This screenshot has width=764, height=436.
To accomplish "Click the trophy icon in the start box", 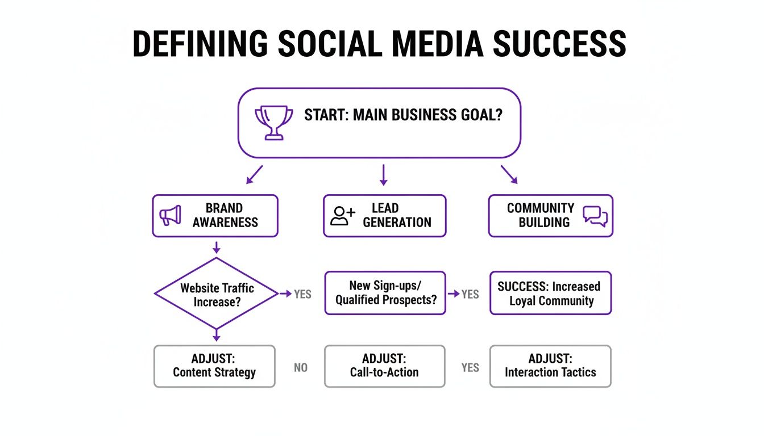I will (x=274, y=123).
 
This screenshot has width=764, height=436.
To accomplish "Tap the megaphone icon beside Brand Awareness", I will (x=171, y=216).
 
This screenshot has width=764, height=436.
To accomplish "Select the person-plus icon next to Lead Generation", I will (x=342, y=216).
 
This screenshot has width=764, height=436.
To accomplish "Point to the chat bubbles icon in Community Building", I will (x=595, y=216).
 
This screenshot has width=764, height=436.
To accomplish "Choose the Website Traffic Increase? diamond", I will (x=215, y=294).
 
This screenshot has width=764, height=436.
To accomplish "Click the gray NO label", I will (x=301, y=368).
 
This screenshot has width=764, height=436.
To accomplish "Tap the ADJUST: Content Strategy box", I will (x=214, y=366).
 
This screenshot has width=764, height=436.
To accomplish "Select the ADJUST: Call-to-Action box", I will (x=384, y=366).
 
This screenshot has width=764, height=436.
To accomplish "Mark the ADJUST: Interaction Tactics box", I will (x=550, y=366).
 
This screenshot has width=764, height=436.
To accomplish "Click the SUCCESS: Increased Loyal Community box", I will (x=550, y=294).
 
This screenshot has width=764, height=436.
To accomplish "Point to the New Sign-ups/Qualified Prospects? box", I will (x=385, y=293).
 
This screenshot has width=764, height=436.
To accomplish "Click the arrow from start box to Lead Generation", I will (x=383, y=175).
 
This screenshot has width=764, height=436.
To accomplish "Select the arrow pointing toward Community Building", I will (x=509, y=174).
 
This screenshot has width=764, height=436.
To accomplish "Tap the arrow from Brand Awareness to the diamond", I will (x=215, y=247).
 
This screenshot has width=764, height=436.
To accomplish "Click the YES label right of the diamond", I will (x=302, y=294).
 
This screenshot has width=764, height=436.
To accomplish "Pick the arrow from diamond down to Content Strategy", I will (x=215, y=335).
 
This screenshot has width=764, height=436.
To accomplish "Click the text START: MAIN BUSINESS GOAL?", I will (x=404, y=115).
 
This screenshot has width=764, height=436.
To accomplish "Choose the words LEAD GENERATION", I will (x=397, y=215).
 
